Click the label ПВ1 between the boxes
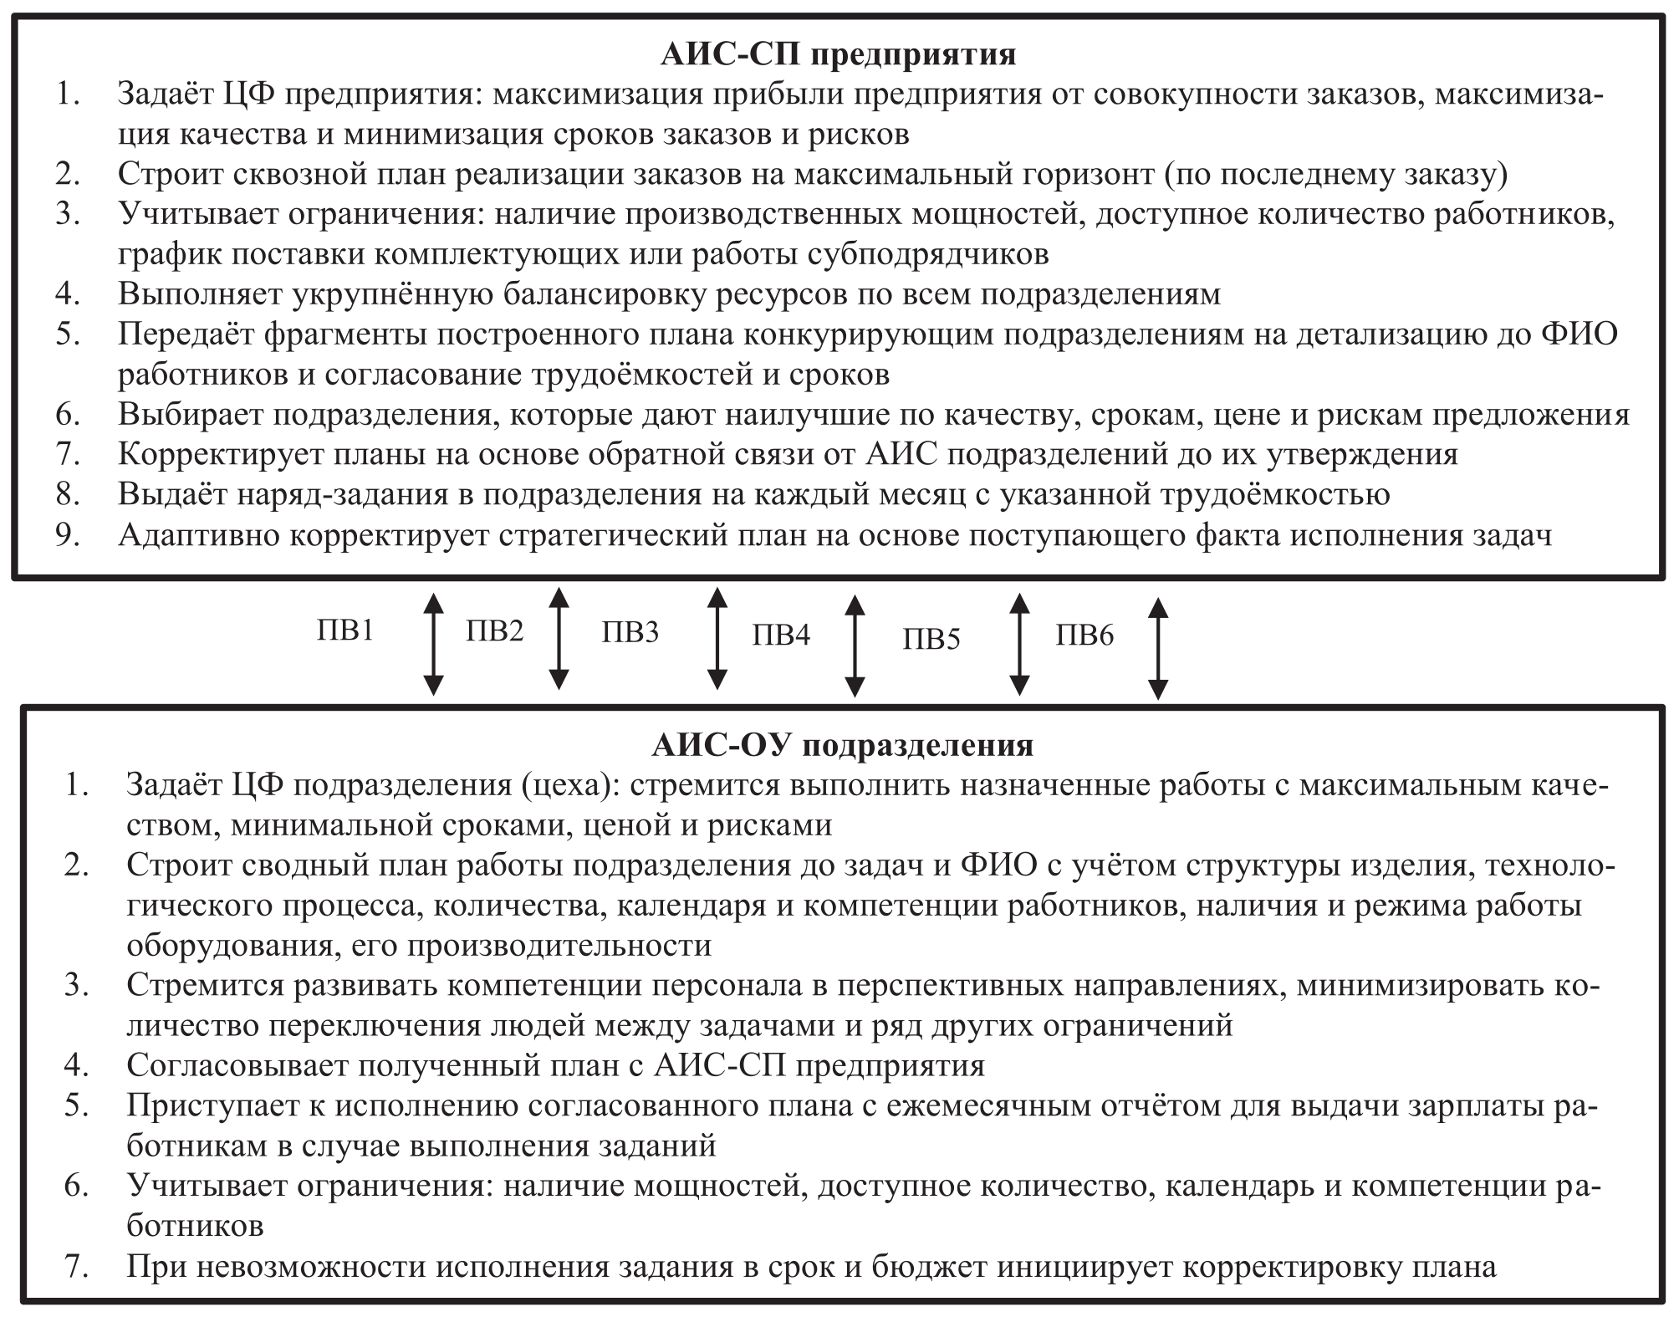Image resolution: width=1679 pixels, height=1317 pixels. [x=345, y=630]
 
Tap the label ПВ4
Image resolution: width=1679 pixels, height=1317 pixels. [x=781, y=636]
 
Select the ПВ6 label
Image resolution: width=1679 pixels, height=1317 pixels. [x=1084, y=636]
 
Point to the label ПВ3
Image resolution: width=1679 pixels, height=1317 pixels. [x=630, y=632]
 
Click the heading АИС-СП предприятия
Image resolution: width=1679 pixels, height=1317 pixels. [x=839, y=54]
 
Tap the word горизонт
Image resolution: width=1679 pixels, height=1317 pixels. [x=1069, y=175]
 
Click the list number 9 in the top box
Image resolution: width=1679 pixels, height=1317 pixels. [x=68, y=535]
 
